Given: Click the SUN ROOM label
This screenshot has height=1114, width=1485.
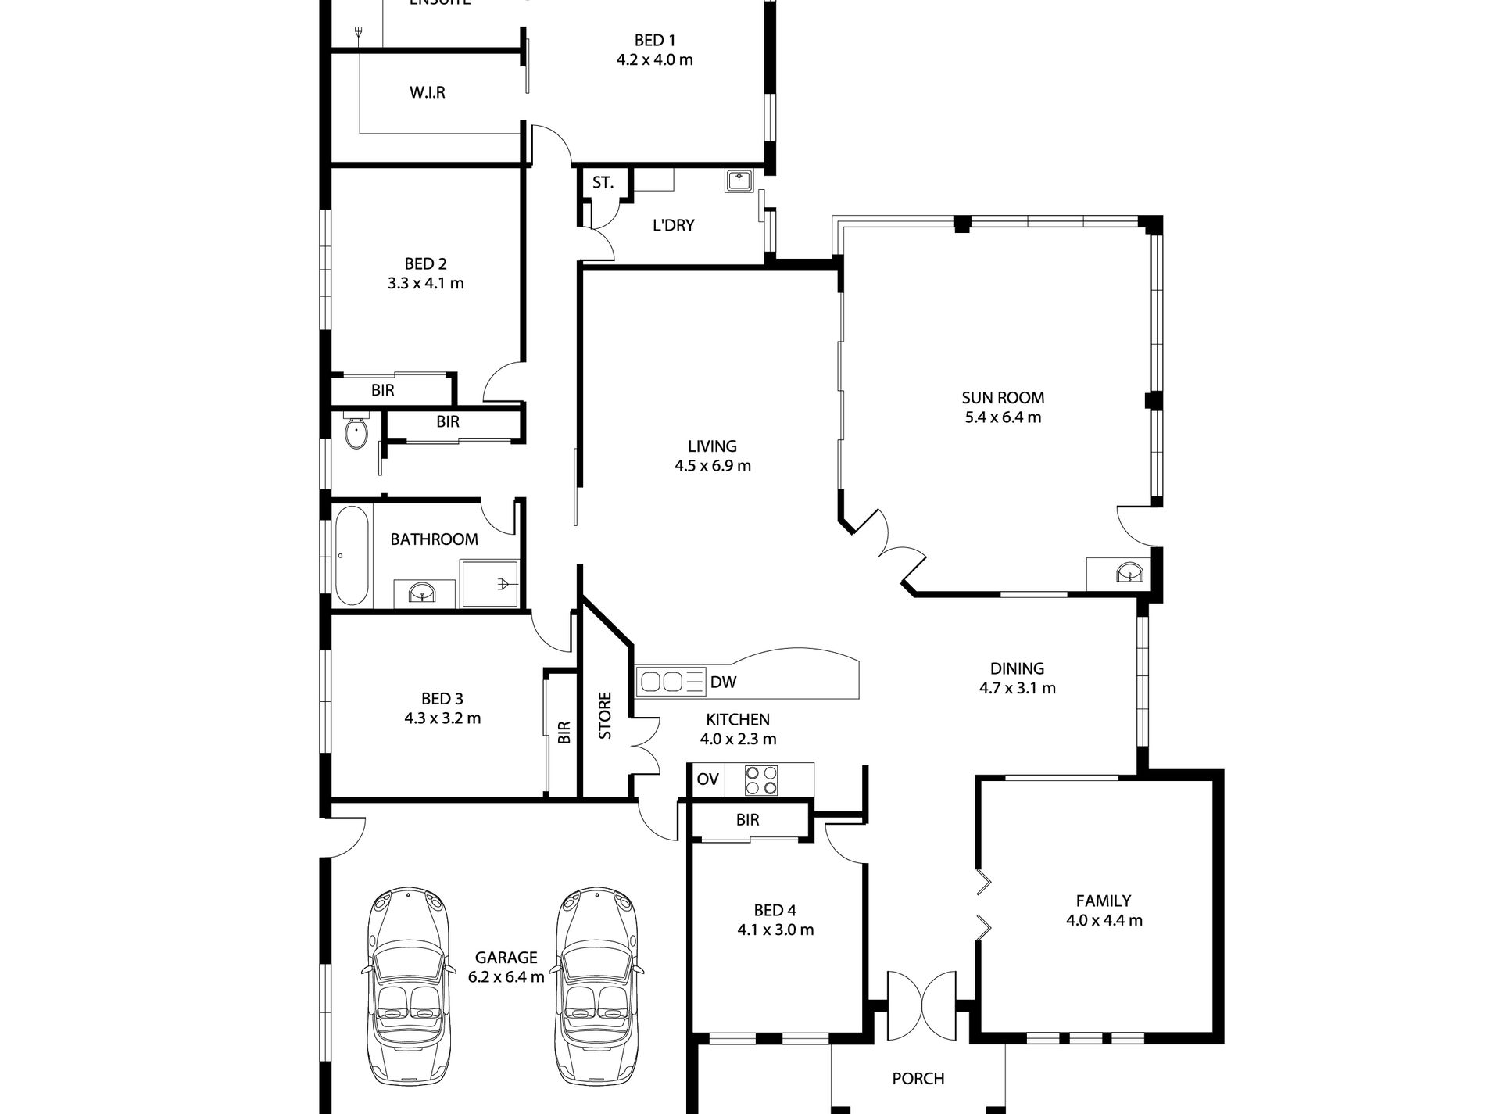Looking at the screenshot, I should point(1003,398).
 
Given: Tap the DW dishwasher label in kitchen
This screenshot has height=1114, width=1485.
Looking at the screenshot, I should point(723,682).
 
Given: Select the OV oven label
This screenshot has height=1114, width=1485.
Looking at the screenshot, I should point(707,779).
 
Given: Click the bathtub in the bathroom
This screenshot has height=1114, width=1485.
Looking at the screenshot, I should point(351,556).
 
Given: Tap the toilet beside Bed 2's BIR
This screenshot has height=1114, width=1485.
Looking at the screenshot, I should point(356,432).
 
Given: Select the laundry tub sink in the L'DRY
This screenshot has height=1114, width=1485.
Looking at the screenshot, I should point(739,181).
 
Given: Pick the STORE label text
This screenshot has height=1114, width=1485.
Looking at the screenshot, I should point(605,715).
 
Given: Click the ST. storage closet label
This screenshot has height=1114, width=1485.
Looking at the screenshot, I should point(603,183).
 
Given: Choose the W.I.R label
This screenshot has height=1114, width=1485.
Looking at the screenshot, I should point(428,92).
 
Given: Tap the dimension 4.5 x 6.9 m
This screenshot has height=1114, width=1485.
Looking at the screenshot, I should point(712,466).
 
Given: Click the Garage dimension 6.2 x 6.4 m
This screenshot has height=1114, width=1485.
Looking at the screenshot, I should point(506,976).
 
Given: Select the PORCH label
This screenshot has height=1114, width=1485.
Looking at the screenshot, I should point(918,1079).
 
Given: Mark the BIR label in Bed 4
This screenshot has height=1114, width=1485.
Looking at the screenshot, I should point(747,819).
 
